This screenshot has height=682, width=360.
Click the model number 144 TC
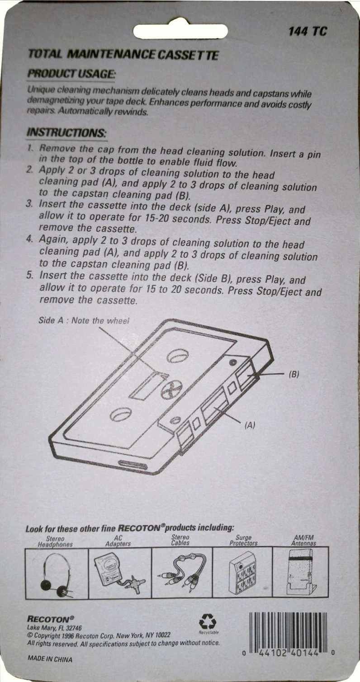pos(307,31)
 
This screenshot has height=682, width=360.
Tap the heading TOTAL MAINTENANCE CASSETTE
pos(123,55)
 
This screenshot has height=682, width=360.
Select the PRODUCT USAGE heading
pos(71,73)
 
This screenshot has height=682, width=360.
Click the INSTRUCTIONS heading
pos(66,133)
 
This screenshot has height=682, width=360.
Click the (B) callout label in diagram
pos(294,374)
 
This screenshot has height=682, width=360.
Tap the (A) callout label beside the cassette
pos(250,425)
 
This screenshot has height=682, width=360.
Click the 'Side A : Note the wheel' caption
pos(84,320)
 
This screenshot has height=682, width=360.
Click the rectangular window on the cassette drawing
pos(145,385)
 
